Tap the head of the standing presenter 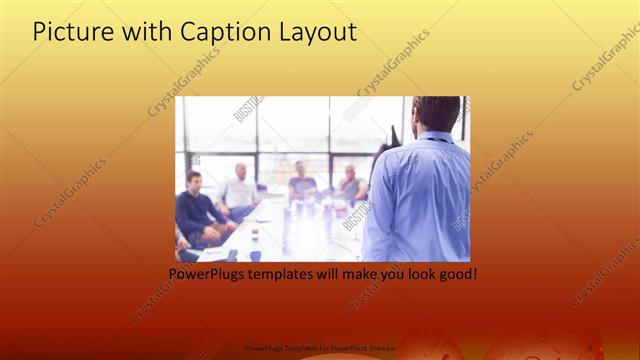coord(436,113)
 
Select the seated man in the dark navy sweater coord(196,205)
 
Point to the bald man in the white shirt coord(240,185)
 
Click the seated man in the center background coord(301,180)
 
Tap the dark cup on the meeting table coord(255,256)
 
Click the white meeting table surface coord(300,235)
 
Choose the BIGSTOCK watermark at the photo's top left coord(246,109)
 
